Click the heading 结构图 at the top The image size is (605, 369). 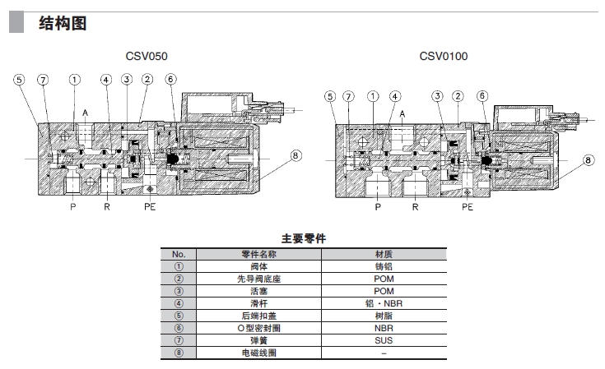pyautogui.click(x=63, y=22)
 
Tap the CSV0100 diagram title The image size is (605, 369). pyautogui.click(x=444, y=57)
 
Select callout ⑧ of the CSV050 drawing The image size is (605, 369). pyautogui.click(x=296, y=154)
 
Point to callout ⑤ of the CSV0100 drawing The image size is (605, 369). pyautogui.click(x=330, y=97)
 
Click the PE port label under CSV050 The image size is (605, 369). pyautogui.click(x=149, y=207)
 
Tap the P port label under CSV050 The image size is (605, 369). pyautogui.click(x=72, y=207)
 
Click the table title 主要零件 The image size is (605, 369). pyautogui.click(x=304, y=238)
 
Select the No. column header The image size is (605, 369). pyautogui.click(x=179, y=253)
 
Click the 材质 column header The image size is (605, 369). pyautogui.click(x=383, y=253)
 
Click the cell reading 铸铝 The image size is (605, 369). pyautogui.click(x=383, y=265)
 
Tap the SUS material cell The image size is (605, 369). pyautogui.click(x=383, y=339)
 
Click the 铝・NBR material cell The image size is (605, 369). pyautogui.click(x=383, y=302)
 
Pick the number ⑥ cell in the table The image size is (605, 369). pyautogui.click(x=179, y=327)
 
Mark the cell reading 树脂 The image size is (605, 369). pyautogui.click(x=383, y=315)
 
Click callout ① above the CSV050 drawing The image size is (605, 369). pyautogui.click(x=75, y=80)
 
